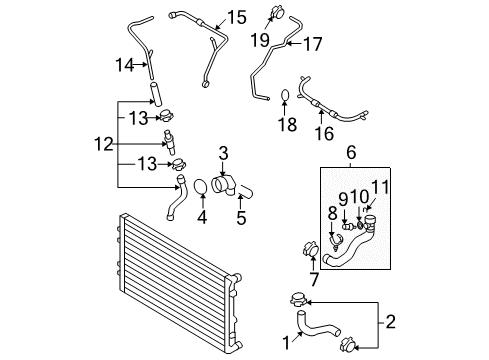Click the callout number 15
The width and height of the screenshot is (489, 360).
[x=237, y=17]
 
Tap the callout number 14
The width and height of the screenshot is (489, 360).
[x=125, y=65]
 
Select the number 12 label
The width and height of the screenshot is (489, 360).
[x=104, y=144]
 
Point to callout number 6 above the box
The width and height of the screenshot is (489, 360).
[x=351, y=152]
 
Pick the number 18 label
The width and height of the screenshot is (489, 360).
[x=287, y=124]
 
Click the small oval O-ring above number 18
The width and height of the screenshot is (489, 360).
[x=284, y=95]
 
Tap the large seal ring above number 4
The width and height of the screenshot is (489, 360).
[x=201, y=187]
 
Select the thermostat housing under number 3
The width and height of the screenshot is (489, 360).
[x=223, y=185]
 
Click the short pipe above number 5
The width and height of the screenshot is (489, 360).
[x=246, y=191]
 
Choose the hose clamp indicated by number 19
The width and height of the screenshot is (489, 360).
[x=276, y=12]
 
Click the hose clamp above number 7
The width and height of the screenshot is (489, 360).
[x=311, y=249]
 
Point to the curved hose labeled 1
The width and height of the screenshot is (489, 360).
[x=317, y=325]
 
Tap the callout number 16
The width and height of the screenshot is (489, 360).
[x=324, y=134]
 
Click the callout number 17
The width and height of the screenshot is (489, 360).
[x=312, y=44]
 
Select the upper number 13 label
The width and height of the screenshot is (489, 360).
[x=138, y=118]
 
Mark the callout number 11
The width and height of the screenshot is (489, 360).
[x=380, y=187]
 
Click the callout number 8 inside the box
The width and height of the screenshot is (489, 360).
[x=332, y=213]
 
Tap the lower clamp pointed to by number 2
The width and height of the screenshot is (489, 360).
[x=347, y=345]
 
